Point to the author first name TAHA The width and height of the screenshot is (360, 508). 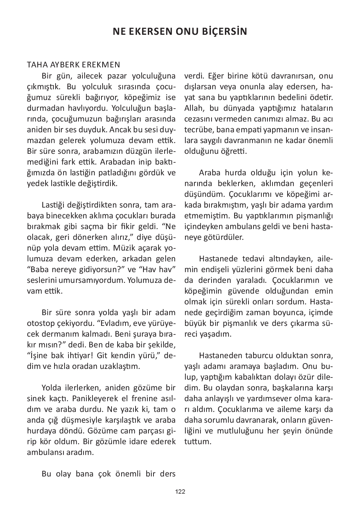pyautogui.click(x=35, y=65)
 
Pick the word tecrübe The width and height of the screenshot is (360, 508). pyautogui.click(x=197, y=130)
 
